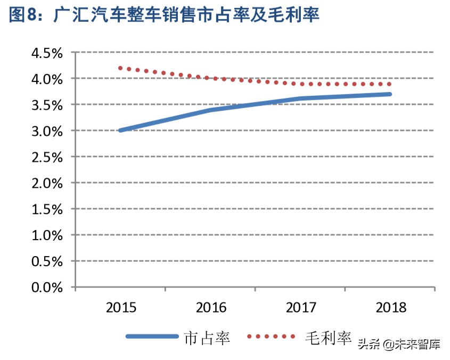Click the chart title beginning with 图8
(164, 15)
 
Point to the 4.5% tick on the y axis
(47, 53)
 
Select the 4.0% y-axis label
(47, 79)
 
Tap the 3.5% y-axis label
(47, 105)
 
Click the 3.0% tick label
(47, 131)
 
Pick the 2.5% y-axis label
(47, 157)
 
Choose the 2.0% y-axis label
(47, 183)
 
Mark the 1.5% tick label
(47, 209)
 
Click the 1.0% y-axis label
(47, 235)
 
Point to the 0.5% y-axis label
(47, 261)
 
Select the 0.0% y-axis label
(47, 288)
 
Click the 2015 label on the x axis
(121, 308)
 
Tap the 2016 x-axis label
(211, 308)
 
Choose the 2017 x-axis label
(301, 308)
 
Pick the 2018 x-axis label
(390, 308)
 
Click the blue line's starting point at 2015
(120, 130)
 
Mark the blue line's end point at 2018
(390, 94)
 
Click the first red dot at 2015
(120, 68)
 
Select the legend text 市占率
(207, 338)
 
